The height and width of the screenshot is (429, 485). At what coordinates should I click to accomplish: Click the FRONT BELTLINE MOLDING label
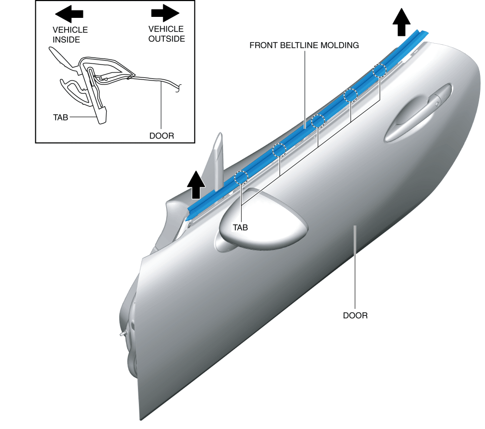pyautogui.click(x=304, y=45)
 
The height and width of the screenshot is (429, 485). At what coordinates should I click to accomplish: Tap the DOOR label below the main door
pyautogui.click(x=355, y=315)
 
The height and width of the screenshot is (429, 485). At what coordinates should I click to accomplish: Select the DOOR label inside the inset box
pyautogui.click(x=161, y=136)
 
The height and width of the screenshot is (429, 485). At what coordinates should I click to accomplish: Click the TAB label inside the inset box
pyautogui.click(x=61, y=118)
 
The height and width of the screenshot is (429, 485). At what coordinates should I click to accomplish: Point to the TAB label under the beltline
pyautogui.click(x=240, y=227)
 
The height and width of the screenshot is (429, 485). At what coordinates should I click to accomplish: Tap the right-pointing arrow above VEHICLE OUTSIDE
pyautogui.click(x=165, y=12)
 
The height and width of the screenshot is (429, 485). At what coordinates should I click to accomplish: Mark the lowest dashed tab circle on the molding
pyautogui.click(x=241, y=177)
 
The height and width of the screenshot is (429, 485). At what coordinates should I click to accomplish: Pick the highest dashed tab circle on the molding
pyautogui.click(x=379, y=71)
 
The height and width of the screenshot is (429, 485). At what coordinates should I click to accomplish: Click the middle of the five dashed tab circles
pyautogui.click(x=318, y=121)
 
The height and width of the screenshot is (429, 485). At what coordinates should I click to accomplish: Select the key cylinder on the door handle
pyautogui.click(x=436, y=104)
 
